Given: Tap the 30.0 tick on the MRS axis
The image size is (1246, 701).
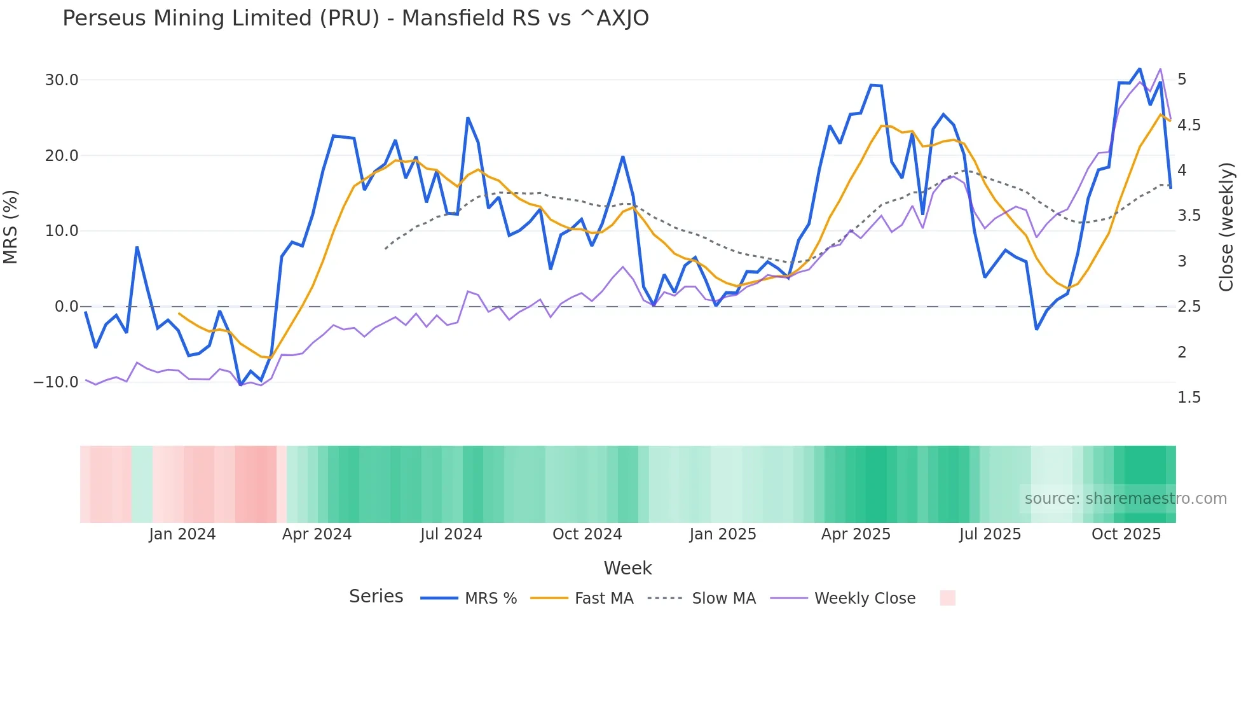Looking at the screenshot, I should click(x=62, y=80).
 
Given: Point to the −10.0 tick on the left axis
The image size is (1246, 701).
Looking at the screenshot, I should click(x=56, y=382).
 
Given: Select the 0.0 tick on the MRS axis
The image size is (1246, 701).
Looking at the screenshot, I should click(x=66, y=307).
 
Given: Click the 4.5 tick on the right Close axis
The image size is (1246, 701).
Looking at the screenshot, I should click(x=1189, y=125).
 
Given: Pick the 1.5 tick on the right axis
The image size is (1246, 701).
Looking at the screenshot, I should click(x=1189, y=398).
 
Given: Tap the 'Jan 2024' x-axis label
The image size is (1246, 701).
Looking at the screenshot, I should click(x=182, y=534).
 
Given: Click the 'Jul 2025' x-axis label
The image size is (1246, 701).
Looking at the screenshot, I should click(x=990, y=534).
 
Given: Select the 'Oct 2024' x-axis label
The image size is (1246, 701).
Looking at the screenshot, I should click(x=587, y=534).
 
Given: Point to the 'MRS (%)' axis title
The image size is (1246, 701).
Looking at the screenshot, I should click(x=11, y=227).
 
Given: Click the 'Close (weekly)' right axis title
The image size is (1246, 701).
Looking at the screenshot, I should click(x=1226, y=227).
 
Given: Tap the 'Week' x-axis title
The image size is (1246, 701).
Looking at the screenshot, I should click(x=627, y=568).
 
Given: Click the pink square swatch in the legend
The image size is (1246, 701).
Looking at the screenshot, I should click(x=947, y=598).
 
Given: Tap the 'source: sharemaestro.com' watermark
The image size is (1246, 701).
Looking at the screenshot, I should click(x=1125, y=499).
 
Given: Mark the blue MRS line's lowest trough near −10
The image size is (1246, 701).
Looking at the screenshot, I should click(x=240, y=385).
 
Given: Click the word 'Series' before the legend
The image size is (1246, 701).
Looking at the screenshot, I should click(x=376, y=597).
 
